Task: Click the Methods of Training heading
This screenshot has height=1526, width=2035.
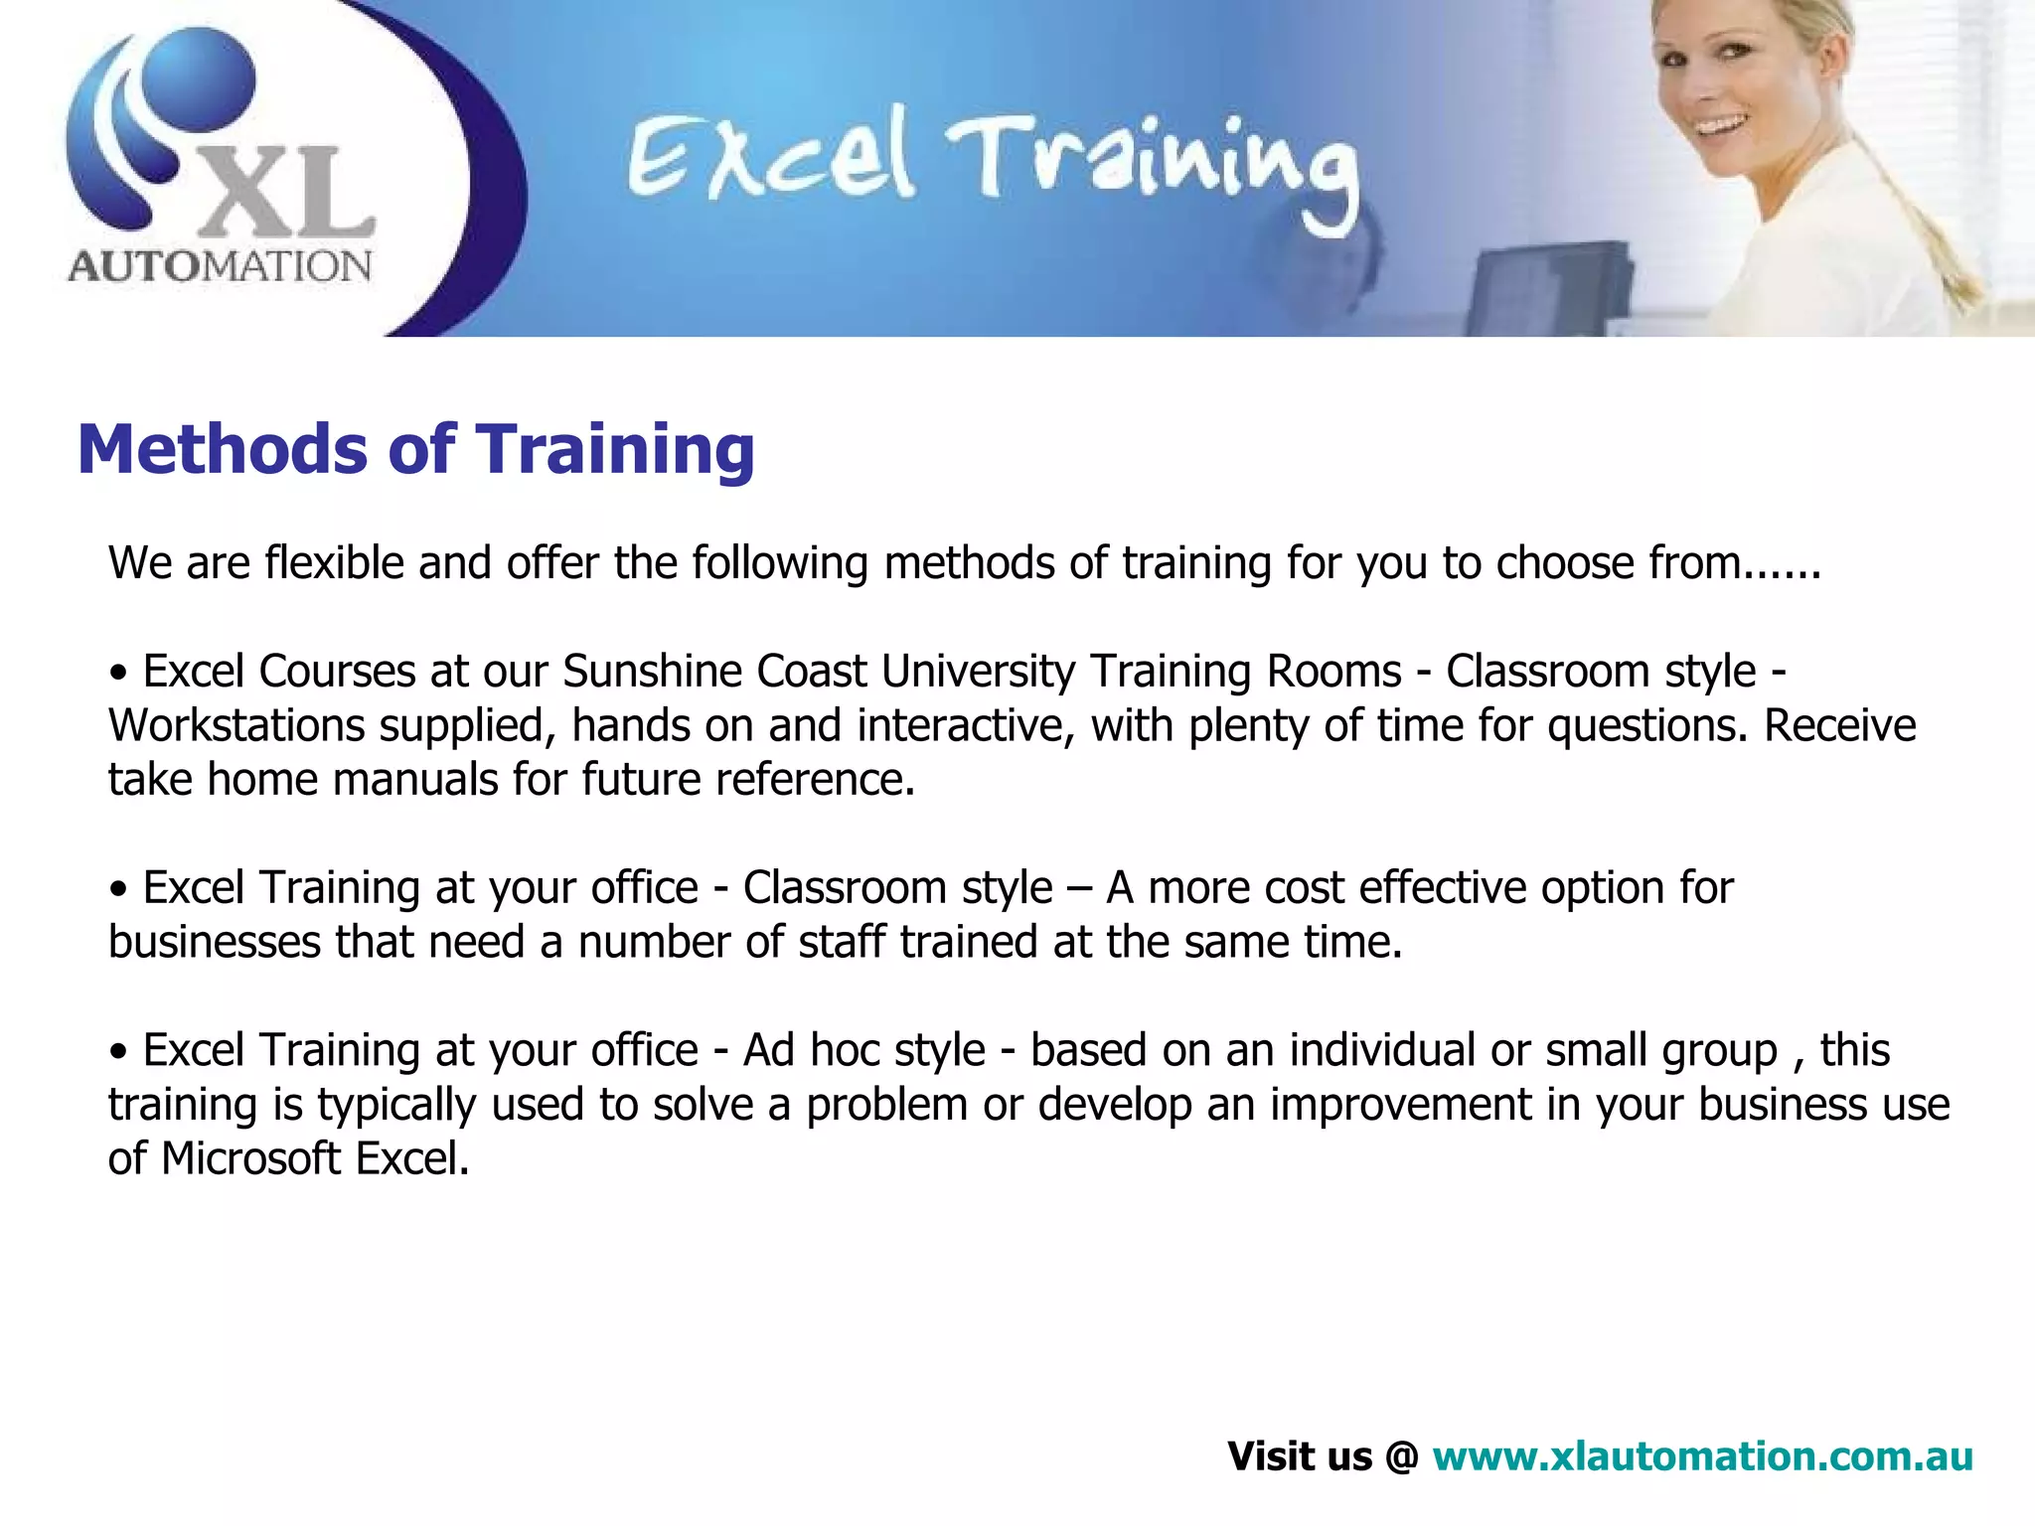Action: [x=415, y=450]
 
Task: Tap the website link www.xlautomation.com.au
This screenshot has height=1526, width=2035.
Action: [x=1702, y=1456]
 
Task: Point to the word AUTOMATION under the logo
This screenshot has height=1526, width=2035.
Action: [x=220, y=266]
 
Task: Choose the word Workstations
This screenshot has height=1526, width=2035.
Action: [x=236, y=726]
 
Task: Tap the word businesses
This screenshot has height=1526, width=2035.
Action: [x=214, y=942]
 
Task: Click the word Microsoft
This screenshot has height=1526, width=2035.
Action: [x=250, y=1158]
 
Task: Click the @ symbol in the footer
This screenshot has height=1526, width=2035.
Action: [x=1401, y=1457]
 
